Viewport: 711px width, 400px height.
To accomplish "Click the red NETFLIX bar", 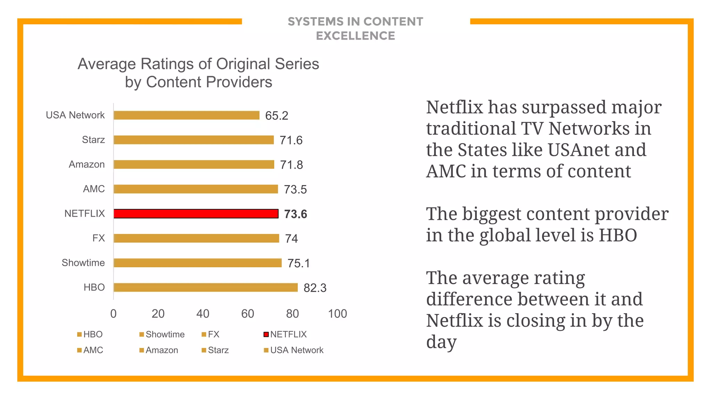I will pyautogui.click(x=196, y=214).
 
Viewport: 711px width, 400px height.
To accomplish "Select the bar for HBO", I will pyautogui.click(x=206, y=287).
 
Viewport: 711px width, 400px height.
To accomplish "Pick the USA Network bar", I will pyautogui.click(x=186, y=115).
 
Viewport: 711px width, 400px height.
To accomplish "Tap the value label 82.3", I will pyautogui.click(x=315, y=288).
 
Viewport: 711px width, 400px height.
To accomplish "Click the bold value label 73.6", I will pyautogui.click(x=295, y=214).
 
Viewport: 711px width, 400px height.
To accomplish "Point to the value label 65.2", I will pyautogui.click(x=276, y=116).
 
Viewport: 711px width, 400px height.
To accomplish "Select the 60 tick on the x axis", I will pyautogui.click(x=248, y=314).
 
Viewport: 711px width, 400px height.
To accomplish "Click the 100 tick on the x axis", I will pyautogui.click(x=337, y=314).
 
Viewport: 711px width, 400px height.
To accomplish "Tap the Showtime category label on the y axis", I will pyautogui.click(x=83, y=263).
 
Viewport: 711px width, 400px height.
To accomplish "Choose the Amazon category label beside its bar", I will pyautogui.click(x=87, y=164).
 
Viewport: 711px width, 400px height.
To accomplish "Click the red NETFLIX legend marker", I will pyautogui.click(x=266, y=334).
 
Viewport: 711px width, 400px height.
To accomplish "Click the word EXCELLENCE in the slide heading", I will pyautogui.click(x=355, y=36).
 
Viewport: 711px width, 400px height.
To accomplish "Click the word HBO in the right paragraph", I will pyautogui.click(x=618, y=235).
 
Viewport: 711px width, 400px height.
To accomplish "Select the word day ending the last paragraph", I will pyautogui.click(x=441, y=342).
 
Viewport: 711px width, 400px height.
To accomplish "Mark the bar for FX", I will pyautogui.click(x=196, y=238).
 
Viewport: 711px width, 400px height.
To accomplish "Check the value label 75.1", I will pyautogui.click(x=298, y=263).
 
